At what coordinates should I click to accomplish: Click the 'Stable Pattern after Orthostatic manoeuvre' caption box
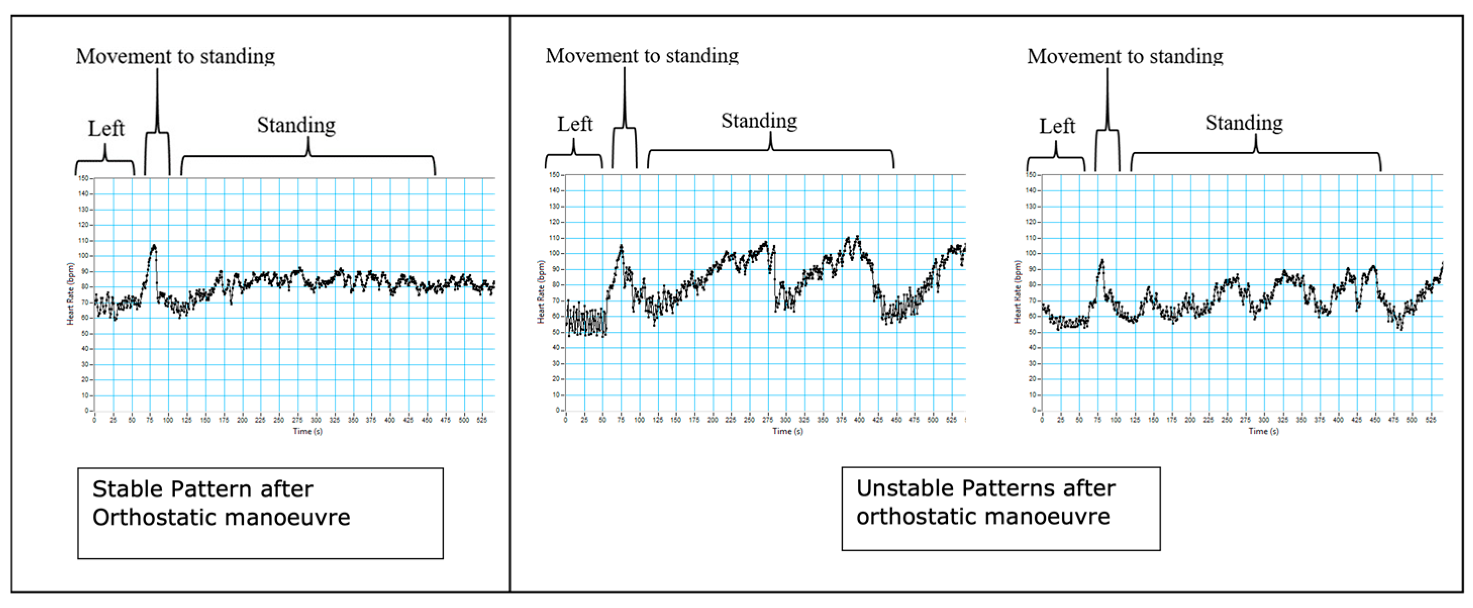(x=260, y=513)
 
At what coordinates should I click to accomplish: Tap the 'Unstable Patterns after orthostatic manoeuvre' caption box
(x=1000, y=508)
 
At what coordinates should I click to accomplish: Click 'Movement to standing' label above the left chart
(x=176, y=56)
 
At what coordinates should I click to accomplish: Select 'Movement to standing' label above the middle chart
(x=642, y=56)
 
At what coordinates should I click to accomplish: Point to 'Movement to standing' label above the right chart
(x=1125, y=56)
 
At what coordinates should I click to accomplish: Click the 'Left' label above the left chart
(x=106, y=128)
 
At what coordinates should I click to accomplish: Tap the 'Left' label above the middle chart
(x=575, y=124)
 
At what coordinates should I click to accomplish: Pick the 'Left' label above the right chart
(x=1057, y=126)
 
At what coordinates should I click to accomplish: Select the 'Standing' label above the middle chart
(x=759, y=121)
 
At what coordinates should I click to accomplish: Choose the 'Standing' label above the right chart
(x=1244, y=122)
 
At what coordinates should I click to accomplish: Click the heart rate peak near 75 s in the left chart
(x=153, y=246)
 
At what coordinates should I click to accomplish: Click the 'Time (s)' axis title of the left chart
(x=308, y=431)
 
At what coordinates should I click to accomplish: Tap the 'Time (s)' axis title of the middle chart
(x=787, y=431)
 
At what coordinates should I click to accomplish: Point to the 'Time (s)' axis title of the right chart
(x=1263, y=431)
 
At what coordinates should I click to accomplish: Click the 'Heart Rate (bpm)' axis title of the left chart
(x=70, y=294)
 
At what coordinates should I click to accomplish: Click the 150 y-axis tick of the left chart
(x=83, y=178)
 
